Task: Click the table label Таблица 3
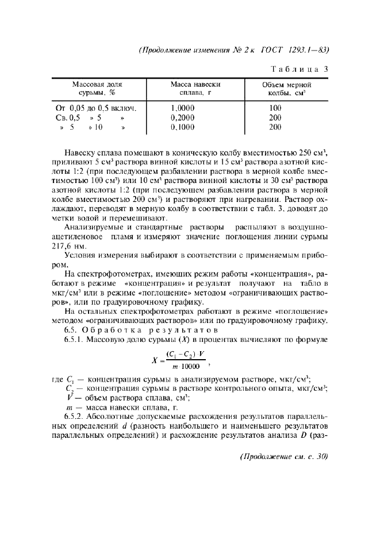tap(299, 69)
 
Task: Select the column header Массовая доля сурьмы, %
tap(97, 88)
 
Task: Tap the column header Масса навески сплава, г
tap(195, 88)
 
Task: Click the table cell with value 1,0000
tap(183, 108)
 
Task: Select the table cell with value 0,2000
tap(183, 118)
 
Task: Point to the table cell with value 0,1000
tap(183, 127)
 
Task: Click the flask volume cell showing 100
tap(275, 108)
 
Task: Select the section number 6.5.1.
tap(75, 340)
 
